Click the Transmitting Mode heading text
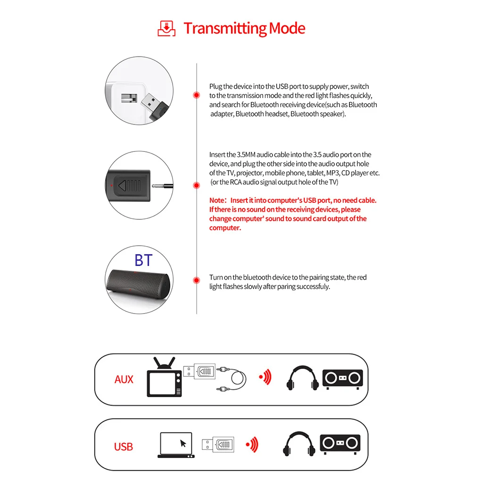244,28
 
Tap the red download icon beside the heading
166,28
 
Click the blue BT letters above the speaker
143,260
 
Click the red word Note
218,200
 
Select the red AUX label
124,379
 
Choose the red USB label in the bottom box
124,447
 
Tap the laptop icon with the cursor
176,445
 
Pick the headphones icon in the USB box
299,445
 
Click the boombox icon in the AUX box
342,379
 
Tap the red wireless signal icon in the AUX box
265,377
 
